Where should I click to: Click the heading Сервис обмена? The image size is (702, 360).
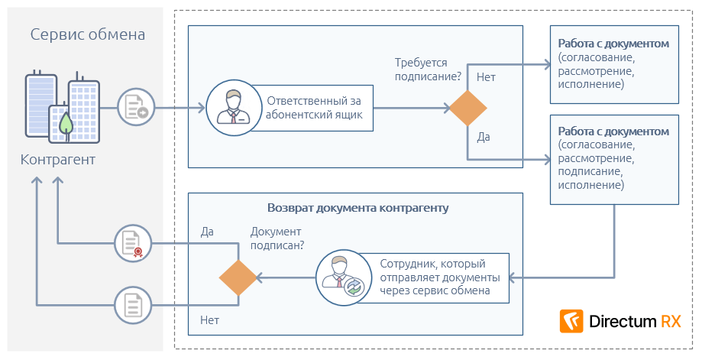tap(88, 34)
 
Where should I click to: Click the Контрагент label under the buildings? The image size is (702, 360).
tap(58, 160)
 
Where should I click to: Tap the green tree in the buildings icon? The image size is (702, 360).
tap(66, 122)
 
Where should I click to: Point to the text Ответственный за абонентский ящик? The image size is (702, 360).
tap(313, 108)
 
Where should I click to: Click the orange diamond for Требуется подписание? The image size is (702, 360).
tap(467, 108)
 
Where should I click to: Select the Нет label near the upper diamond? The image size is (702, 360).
tap(486, 77)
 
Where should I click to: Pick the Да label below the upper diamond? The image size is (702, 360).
tap(484, 137)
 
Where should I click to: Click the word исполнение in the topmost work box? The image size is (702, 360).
tap(590, 84)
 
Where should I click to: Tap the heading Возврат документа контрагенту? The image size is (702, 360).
tap(357, 207)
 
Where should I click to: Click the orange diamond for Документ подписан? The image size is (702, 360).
tap(238, 277)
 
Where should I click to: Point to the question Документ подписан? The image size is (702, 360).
tap(277, 238)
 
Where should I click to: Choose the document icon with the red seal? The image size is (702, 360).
tap(133, 245)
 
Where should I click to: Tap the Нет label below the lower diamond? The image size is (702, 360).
tap(209, 320)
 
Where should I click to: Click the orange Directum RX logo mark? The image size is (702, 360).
tap(571, 321)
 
